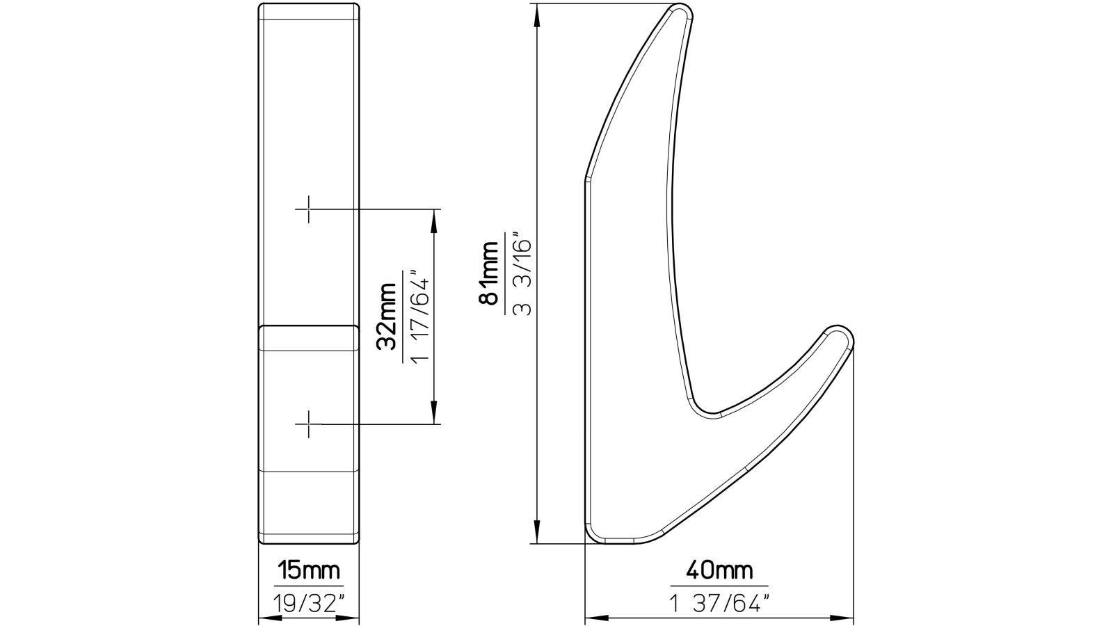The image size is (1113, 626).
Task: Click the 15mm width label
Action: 309,571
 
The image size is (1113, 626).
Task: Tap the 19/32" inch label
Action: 309,602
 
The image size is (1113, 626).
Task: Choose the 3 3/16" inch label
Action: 522,273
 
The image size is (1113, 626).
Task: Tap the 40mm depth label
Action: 719,571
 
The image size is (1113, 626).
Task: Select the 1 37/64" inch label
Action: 719,602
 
